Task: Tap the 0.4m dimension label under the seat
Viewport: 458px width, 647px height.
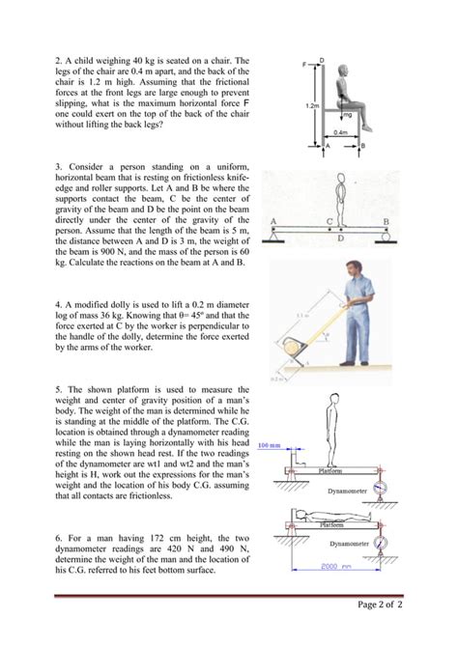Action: [x=341, y=132]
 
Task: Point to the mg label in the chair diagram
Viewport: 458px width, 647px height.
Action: [x=348, y=115]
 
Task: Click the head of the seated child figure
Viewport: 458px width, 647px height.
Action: [x=344, y=71]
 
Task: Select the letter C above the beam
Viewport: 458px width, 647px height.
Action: [x=329, y=221]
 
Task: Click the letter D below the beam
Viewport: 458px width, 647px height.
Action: [x=341, y=239]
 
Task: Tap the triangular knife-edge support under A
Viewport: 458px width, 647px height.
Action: [x=273, y=237]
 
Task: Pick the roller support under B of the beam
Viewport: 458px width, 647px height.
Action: [x=386, y=237]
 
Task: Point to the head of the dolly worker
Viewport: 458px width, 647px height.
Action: [x=353, y=268]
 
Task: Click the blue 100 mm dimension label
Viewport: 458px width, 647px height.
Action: [x=269, y=445]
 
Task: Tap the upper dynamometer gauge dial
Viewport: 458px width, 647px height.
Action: [x=381, y=488]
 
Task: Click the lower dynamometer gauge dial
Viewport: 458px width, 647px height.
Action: [x=381, y=542]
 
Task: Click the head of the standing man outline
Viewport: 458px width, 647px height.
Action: [x=334, y=398]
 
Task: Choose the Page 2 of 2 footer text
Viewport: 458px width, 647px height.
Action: [x=380, y=605]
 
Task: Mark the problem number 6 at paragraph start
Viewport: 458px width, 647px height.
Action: [x=58, y=538]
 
